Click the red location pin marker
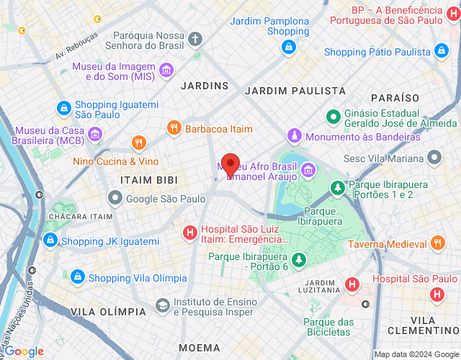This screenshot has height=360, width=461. tap(230, 165)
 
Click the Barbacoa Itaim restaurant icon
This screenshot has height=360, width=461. tap(174, 128)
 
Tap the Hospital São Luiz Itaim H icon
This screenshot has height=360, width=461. tap(189, 232)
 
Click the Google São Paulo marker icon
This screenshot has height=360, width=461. tap(115, 197)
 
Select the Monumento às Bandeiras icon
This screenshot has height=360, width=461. tap(294, 136)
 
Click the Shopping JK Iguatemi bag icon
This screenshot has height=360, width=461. tap(50, 240)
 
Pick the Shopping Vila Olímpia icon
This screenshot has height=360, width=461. tap(78, 277)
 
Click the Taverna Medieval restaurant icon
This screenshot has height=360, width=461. tap(437, 244)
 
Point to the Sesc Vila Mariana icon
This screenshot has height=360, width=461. tap(434, 156)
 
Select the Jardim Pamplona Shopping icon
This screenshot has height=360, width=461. tap(288, 47)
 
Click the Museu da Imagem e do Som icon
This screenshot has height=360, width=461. tap(166, 70)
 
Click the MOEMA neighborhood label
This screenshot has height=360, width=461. tap(200, 348)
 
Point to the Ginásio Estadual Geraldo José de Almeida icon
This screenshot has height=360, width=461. tap(334, 116)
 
